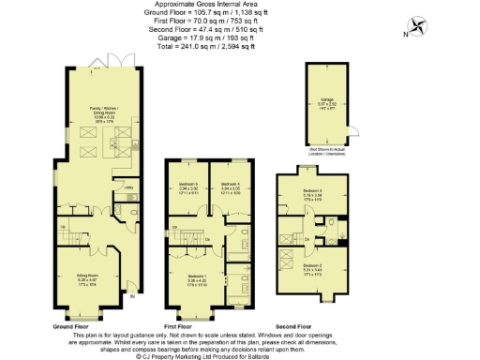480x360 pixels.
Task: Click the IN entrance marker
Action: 130,297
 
